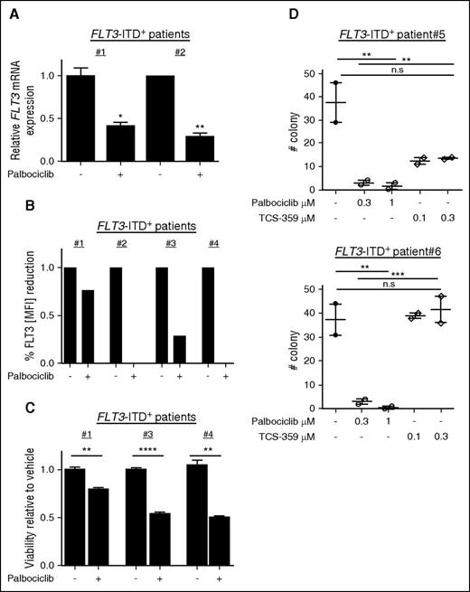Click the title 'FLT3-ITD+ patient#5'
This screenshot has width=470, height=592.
[370, 12]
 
